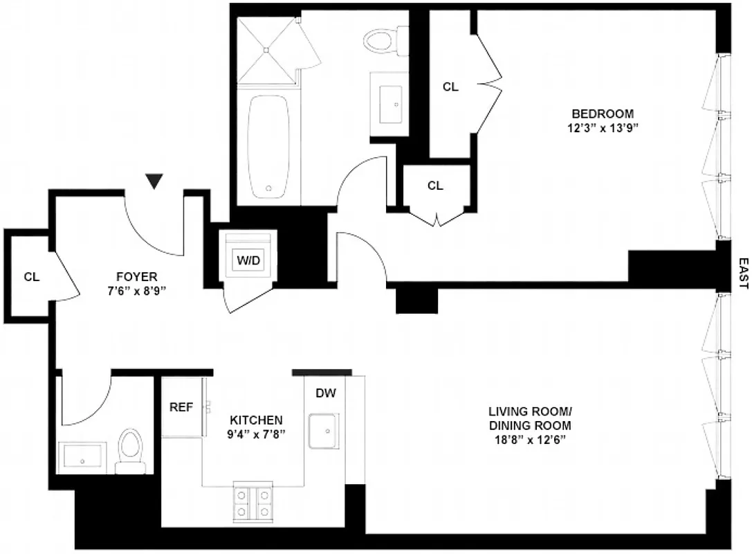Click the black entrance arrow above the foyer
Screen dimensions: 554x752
pyautogui.click(x=155, y=181)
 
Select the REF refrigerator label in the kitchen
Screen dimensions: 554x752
pyautogui.click(x=181, y=407)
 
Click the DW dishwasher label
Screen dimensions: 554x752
pyautogui.click(x=326, y=393)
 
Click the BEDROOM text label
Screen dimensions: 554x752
pyautogui.click(x=601, y=114)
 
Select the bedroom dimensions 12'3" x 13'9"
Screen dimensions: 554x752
pyautogui.click(x=601, y=127)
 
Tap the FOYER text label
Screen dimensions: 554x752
pyautogui.click(x=136, y=276)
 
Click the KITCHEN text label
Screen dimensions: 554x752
pyautogui.click(x=256, y=420)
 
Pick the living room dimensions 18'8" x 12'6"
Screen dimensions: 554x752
pyautogui.click(x=530, y=440)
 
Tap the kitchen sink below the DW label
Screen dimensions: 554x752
pyautogui.click(x=323, y=431)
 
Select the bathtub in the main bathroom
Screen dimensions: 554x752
pyautogui.click(x=268, y=147)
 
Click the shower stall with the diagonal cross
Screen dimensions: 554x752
pyautogui.click(x=266, y=49)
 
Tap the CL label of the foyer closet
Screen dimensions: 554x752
pyautogui.click(x=32, y=277)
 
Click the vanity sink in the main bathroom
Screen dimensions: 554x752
pyautogui.click(x=391, y=104)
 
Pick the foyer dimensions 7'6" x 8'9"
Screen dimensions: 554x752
pyautogui.click(x=136, y=291)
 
